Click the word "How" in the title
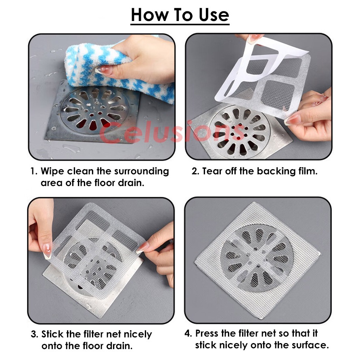[149, 15]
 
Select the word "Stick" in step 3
[52, 334]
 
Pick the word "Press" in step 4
[207, 333]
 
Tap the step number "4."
[188, 333]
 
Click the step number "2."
[195, 171]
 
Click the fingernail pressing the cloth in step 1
[104, 70]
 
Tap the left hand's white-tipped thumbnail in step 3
[47, 251]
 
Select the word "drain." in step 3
[121, 346]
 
